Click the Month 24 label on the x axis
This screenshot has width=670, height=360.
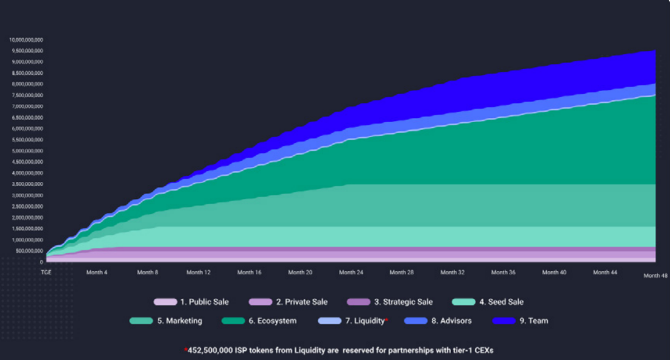[347, 272]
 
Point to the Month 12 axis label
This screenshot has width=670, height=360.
[198, 272]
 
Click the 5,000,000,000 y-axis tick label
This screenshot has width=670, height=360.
[27, 151]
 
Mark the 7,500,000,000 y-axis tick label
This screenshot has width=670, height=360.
[27, 95]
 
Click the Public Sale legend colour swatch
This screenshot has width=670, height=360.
[165, 302]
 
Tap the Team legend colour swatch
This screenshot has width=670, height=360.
[504, 321]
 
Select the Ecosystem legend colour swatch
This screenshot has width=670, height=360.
[234, 321]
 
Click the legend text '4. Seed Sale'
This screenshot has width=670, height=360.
[501, 302]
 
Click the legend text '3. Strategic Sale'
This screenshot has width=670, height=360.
[403, 302]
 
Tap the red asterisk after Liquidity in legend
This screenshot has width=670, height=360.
[386, 320]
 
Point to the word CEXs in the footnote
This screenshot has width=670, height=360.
[482, 350]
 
